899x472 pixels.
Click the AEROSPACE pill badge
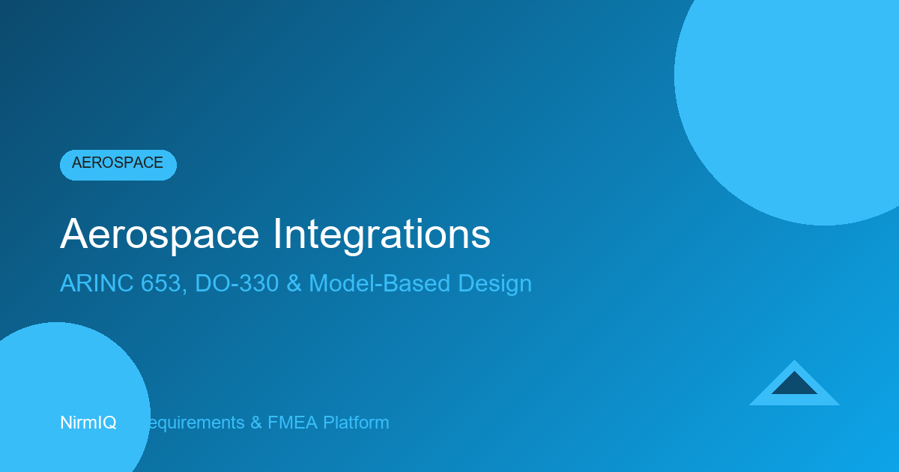click(x=118, y=164)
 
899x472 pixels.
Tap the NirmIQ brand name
click(x=88, y=423)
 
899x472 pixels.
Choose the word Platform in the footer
click(x=355, y=423)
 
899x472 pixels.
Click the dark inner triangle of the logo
click(x=794, y=385)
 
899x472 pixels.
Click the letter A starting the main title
click(x=72, y=235)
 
